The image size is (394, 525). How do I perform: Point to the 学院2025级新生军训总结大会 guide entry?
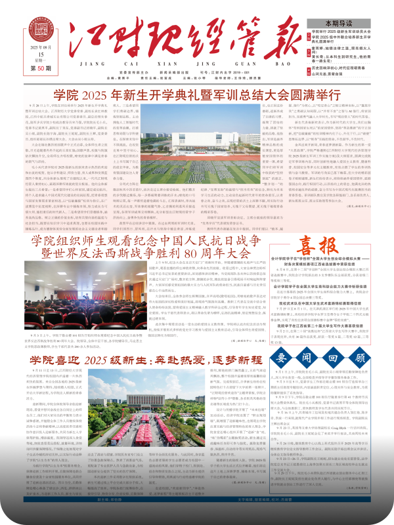tap(348, 31)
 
